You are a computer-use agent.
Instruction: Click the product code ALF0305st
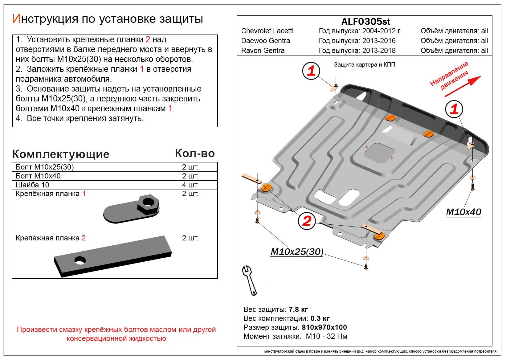365,22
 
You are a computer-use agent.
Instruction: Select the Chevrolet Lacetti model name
267,31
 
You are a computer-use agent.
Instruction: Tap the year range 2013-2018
379,51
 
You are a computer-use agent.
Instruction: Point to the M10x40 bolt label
463,212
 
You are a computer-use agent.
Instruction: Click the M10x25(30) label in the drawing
297,252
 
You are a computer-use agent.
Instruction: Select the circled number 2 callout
307,221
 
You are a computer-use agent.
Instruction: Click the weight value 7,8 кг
298,309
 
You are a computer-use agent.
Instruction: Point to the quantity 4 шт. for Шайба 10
190,185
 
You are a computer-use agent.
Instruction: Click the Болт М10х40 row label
38,176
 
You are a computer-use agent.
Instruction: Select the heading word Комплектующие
61,154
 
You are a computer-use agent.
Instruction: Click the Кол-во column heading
195,153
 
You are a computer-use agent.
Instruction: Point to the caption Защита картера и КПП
364,65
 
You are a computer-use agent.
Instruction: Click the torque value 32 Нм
337,336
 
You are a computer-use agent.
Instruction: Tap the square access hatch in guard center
379,153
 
